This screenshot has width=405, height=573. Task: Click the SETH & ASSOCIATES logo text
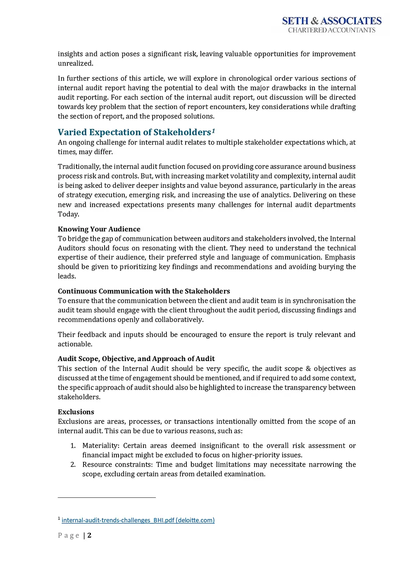[331, 21]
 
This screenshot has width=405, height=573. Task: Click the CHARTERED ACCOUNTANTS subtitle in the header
[331, 30]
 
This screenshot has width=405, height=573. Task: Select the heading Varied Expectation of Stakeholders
[134, 132]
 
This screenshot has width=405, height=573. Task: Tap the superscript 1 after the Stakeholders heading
[213, 131]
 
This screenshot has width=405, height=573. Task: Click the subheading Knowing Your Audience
[99, 229]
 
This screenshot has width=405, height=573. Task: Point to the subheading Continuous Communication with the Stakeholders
[144, 291]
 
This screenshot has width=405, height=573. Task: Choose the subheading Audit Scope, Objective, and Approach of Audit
[136, 359]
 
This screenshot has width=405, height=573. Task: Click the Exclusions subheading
[76, 412]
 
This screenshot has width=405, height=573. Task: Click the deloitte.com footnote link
[138, 520]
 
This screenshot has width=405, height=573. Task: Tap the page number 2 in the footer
[89, 535]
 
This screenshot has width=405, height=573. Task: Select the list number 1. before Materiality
[73, 446]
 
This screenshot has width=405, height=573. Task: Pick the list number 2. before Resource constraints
[73, 465]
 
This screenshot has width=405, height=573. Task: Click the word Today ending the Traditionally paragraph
[68, 214]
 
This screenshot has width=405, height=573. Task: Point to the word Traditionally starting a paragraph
[79, 166]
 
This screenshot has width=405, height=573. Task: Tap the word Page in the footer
[69, 535]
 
